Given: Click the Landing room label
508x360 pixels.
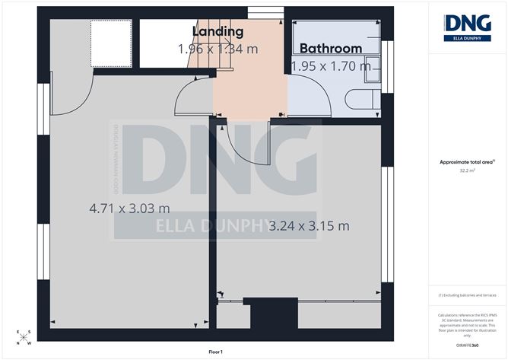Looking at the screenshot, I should (x=217, y=32).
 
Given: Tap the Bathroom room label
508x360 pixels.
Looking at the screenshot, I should (x=329, y=48).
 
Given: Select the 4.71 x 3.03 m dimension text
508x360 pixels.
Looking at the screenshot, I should (x=129, y=208).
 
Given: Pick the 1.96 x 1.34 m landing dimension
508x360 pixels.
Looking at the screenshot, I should (x=217, y=49).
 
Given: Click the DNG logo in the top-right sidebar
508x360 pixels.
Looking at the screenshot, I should (x=467, y=26).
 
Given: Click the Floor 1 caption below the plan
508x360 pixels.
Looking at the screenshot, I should (x=221, y=352).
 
